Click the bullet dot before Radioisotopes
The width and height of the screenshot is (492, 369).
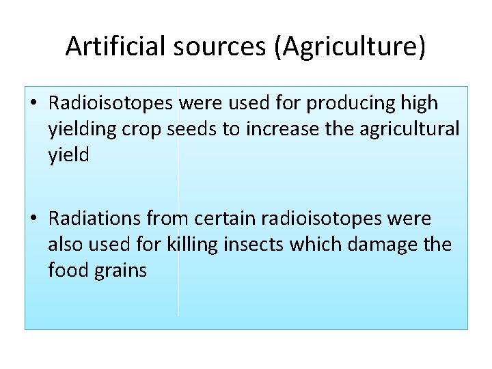point(33,104)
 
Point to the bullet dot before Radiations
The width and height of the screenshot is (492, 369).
point(33,219)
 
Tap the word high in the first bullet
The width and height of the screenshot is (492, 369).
point(420,103)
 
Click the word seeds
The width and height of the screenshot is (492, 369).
point(193,129)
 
